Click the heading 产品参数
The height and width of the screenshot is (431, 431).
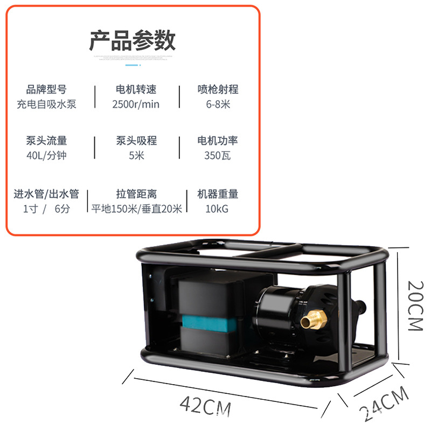click(x=133, y=41)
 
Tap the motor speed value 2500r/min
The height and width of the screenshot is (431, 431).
click(x=136, y=104)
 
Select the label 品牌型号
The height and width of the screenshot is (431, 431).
click(x=46, y=89)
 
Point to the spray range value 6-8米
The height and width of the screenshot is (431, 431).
click(x=218, y=104)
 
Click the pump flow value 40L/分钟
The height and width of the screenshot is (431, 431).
click(x=46, y=156)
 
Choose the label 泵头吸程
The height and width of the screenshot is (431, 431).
click(x=136, y=141)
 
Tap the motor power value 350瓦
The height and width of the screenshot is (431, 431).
click(x=218, y=156)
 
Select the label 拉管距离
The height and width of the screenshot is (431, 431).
click(x=136, y=194)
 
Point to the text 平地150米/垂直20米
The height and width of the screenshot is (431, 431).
click(x=136, y=208)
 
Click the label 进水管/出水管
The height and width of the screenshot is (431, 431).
click(x=46, y=194)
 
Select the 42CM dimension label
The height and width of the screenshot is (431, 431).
click(x=205, y=405)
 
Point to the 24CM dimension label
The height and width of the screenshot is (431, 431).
click(x=384, y=404)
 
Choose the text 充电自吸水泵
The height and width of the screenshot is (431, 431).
click(x=46, y=104)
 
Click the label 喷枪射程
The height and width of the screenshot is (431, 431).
click(x=218, y=89)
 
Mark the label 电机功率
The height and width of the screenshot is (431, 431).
click(x=218, y=141)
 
